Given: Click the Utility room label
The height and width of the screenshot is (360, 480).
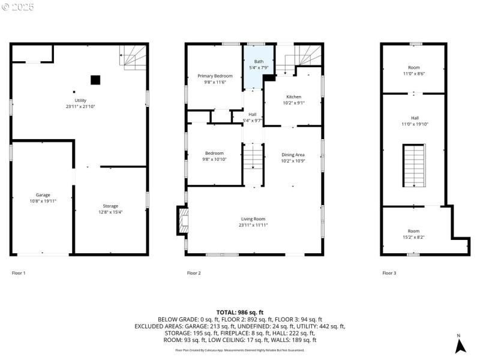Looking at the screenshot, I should click(x=80, y=100).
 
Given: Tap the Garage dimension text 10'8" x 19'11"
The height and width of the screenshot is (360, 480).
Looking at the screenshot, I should click(x=43, y=202).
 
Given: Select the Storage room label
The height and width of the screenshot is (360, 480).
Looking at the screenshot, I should click(x=110, y=206).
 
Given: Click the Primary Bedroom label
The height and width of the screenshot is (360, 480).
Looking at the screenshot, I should click(x=215, y=76).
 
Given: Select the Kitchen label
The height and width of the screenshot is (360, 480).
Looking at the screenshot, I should click(x=293, y=97).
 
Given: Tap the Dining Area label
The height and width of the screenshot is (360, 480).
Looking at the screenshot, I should click(x=293, y=155).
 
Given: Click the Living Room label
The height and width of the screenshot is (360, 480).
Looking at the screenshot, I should click(x=253, y=219).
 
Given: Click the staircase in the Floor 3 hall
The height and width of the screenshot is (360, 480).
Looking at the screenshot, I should click(x=413, y=166).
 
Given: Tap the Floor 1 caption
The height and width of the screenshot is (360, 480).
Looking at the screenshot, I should click(x=19, y=273).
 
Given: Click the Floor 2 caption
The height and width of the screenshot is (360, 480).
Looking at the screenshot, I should click(x=194, y=273).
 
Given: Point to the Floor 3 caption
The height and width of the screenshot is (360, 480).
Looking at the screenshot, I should click(x=389, y=273).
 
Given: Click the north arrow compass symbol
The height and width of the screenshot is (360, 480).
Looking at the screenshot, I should click(x=459, y=344).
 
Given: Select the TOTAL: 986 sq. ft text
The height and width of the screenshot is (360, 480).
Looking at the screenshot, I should click(x=240, y=313).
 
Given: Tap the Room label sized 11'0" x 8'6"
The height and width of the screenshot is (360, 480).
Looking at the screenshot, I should click(x=414, y=68).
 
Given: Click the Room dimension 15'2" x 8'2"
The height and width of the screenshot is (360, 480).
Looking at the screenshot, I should click(x=414, y=236).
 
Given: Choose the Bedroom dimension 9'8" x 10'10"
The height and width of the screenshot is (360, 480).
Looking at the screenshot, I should click(x=215, y=159).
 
